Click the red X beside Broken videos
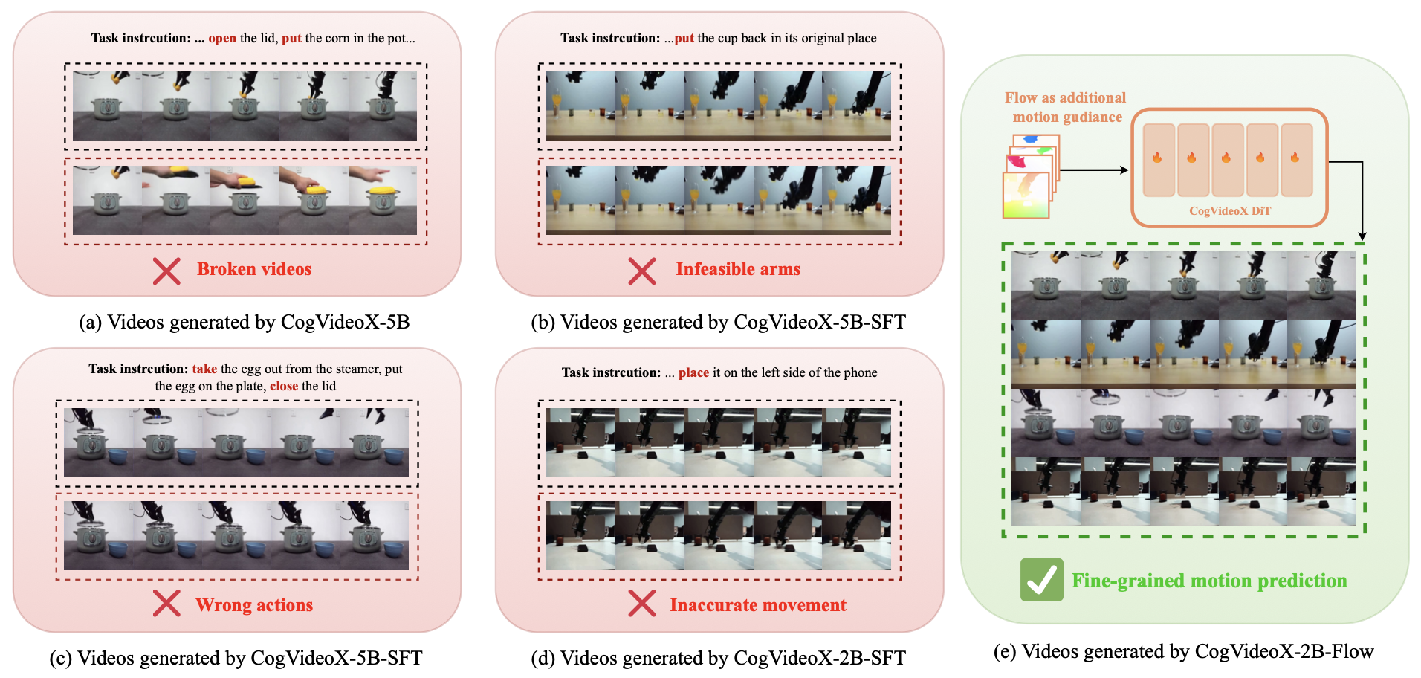[x=166, y=271]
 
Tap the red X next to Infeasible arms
[x=642, y=271]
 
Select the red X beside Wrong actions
[x=166, y=603]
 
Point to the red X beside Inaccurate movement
[x=642, y=603]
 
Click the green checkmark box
[x=1041, y=580]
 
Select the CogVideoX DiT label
[x=1230, y=210]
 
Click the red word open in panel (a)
[x=222, y=38]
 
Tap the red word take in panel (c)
[x=204, y=369]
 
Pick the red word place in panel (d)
[x=693, y=372]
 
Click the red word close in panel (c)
[x=284, y=386]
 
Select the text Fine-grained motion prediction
[x=1209, y=581]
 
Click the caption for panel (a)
[x=245, y=322]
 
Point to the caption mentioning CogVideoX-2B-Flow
[x=1183, y=651]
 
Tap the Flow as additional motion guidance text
[x=1066, y=107]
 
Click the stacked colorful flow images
[x=1030, y=177]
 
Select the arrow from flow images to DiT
[x=1094, y=170]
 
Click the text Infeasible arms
[x=738, y=269]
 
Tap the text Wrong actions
[x=254, y=605]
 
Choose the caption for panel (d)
[x=718, y=658]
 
